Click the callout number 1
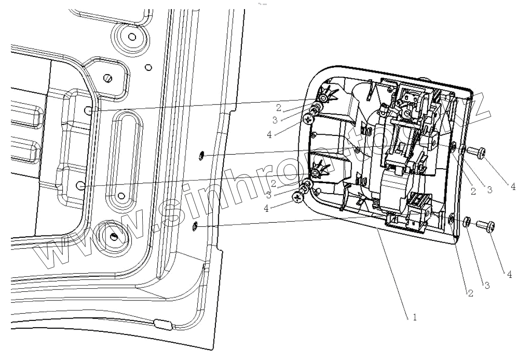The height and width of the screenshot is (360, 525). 415,318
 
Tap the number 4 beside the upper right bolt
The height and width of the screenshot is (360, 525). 513,187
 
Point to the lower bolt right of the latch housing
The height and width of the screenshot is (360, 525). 486,225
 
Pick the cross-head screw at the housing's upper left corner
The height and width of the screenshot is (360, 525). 309,120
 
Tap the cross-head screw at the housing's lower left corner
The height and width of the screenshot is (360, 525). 298,197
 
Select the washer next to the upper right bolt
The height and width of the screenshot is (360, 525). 463,150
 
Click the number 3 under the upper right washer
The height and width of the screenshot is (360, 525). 490,190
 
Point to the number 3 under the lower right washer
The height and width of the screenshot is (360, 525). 486,285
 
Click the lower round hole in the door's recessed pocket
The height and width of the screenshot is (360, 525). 80,186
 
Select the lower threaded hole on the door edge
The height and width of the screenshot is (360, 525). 195,225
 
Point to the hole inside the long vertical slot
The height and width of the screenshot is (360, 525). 121,196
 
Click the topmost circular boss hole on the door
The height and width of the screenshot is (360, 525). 131,36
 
